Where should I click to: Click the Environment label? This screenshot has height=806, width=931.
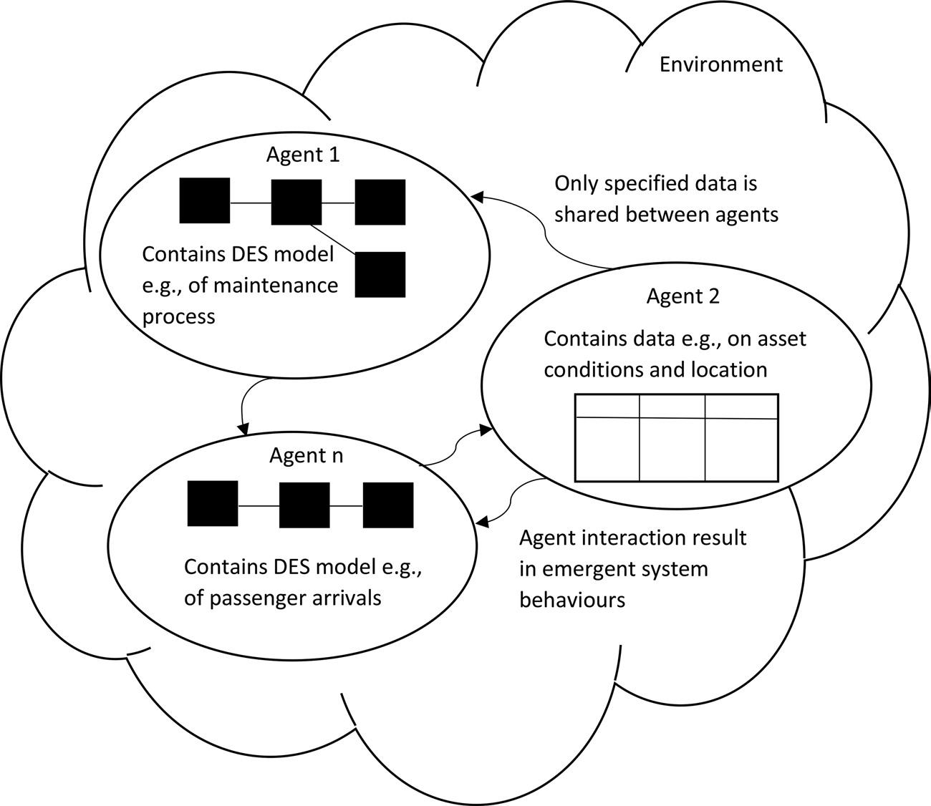click(x=721, y=64)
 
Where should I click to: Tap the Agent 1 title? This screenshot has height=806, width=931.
click(x=303, y=155)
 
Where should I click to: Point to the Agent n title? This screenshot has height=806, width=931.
click(x=307, y=456)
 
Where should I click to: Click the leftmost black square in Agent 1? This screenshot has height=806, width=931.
click(x=205, y=200)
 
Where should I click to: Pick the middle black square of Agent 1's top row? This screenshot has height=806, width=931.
click(x=296, y=202)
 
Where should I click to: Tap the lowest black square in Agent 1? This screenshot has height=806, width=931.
click(x=380, y=275)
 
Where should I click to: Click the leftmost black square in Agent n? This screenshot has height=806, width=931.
click(x=213, y=503)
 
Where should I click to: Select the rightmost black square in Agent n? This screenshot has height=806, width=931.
click(x=388, y=505)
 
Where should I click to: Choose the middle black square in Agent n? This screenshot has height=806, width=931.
click(x=304, y=505)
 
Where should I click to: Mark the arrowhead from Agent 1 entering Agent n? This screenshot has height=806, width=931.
click(x=243, y=429)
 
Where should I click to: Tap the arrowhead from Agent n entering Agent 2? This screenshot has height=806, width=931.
click(x=486, y=430)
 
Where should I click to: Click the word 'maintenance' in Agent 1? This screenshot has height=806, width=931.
click(x=263, y=286)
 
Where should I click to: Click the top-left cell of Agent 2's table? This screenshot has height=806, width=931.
click(x=607, y=407)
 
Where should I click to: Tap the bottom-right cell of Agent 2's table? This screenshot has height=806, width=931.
click(x=741, y=450)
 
